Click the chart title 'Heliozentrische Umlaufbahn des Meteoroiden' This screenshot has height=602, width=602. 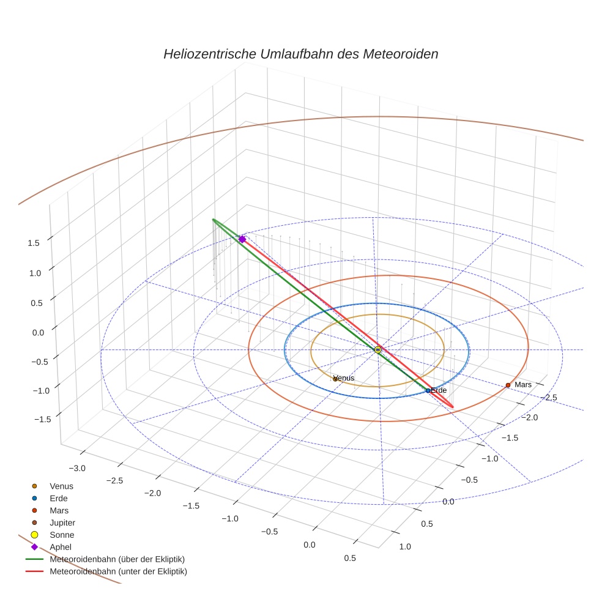[300, 54]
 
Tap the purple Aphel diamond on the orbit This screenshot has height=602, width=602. [242, 239]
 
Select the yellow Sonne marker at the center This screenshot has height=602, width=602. [377, 349]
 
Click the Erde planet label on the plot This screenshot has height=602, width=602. [439, 390]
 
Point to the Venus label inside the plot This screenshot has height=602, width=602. [344, 378]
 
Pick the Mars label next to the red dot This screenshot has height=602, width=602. [523, 385]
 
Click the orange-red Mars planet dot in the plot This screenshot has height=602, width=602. [508, 385]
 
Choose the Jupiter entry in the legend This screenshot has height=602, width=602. [62, 522]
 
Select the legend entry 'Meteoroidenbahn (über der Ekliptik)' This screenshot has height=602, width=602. [117, 559]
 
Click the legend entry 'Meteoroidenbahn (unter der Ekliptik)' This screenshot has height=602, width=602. [118, 571]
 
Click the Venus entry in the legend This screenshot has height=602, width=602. [61, 486]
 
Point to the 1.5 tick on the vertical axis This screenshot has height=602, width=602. [34, 243]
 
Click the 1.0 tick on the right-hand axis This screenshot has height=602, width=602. [405, 546]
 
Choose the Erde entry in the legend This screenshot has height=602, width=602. [59, 498]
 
